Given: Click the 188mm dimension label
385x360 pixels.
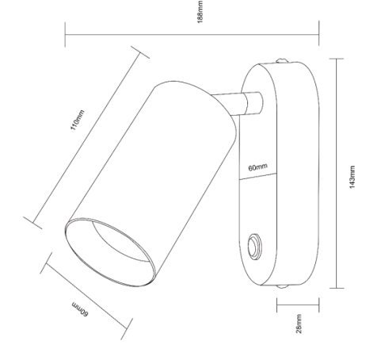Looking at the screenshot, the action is pyautogui.click(x=200, y=12).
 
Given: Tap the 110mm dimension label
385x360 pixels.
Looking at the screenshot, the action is pyautogui.click(x=78, y=120).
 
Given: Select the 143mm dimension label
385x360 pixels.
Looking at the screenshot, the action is pyautogui.click(x=353, y=177).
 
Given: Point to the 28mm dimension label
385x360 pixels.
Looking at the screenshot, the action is pyautogui.click(x=299, y=324).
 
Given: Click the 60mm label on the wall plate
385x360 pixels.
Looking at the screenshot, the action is pyautogui.click(x=257, y=167).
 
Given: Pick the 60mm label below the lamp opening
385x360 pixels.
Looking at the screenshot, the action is pyautogui.click(x=80, y=309).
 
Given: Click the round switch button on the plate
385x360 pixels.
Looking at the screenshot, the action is pyautogui.click(x=254, y=247).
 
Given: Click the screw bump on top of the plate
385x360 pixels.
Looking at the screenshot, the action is pyautogui.click(x=282, y=60).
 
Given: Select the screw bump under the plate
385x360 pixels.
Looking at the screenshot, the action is pyautogui.click(x=282, y=286).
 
